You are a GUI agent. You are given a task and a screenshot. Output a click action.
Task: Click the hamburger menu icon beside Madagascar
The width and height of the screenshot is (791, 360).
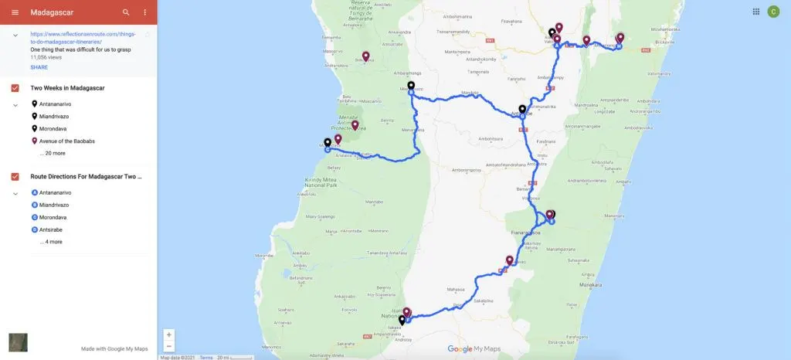(15, 12)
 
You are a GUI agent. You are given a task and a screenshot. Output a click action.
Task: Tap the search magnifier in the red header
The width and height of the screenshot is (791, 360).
(126, 12)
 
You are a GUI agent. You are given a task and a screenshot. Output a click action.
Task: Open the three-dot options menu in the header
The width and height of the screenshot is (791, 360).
(145, 12)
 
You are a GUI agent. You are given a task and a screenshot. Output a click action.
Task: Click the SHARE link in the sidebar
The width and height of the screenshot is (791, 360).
(39, 67)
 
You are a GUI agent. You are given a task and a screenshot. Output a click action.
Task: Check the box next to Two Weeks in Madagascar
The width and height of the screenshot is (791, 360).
(15, 88)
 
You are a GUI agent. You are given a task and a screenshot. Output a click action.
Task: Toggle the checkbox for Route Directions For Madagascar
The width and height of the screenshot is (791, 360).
(15, 177)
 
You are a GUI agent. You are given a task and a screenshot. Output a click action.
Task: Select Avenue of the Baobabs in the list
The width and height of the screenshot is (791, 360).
(66, 141)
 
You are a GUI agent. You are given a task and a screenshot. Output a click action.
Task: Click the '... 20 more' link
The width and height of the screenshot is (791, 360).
(53, 153)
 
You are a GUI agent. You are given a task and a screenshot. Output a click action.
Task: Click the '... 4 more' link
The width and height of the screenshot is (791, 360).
(51, 242)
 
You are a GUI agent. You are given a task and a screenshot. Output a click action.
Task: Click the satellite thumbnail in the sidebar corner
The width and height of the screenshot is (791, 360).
(18, 342)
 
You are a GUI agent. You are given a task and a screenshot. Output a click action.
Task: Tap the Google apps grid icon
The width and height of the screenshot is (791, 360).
(756, 12)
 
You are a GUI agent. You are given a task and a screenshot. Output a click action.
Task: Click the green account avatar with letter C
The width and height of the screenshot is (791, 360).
(773, 12)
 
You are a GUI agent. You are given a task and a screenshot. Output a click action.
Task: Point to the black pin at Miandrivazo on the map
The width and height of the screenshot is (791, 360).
(411, 86)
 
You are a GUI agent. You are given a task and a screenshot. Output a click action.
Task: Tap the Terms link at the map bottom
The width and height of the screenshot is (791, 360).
(206, 357)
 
